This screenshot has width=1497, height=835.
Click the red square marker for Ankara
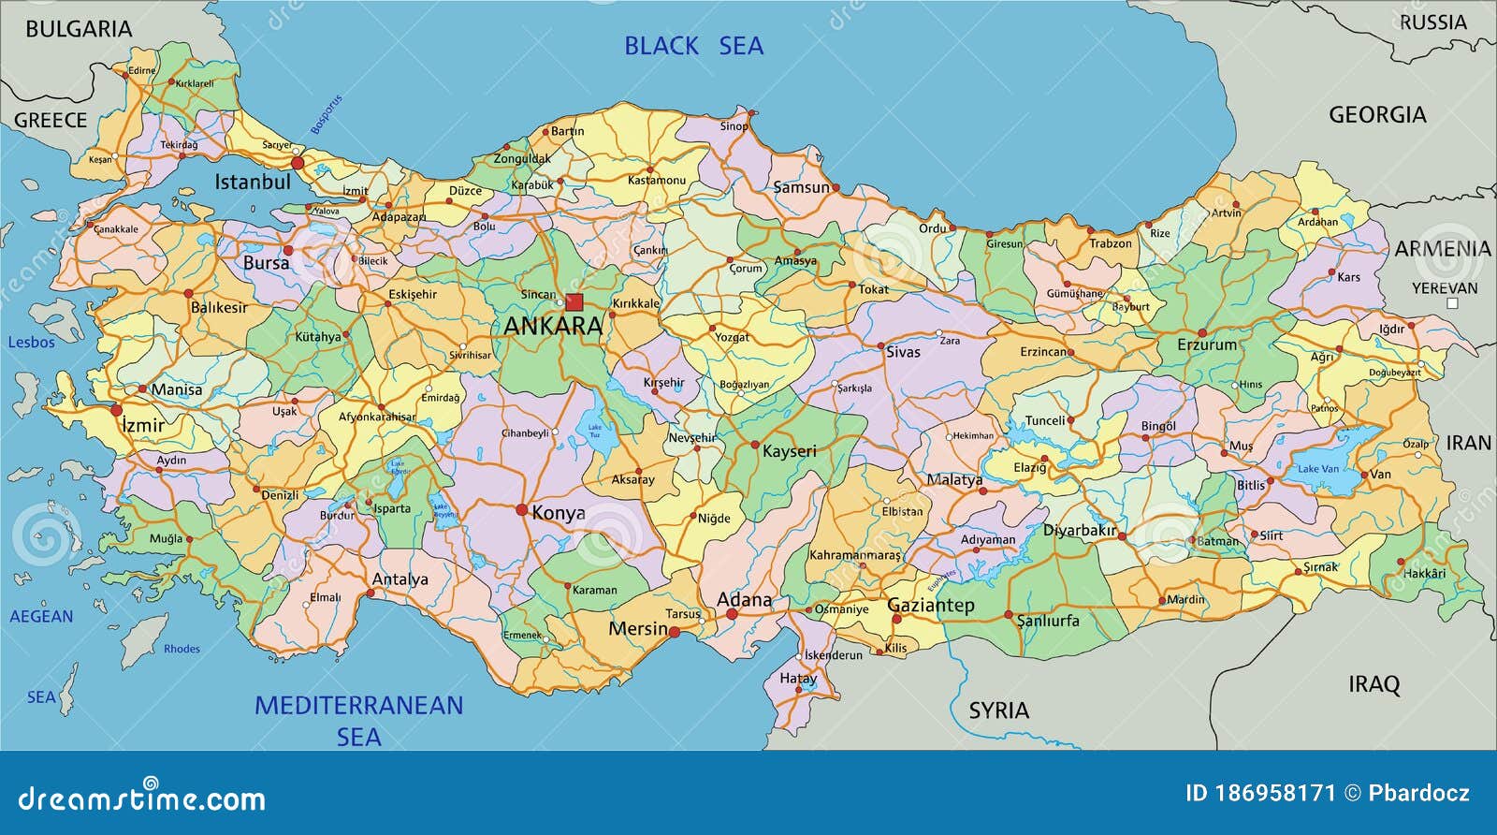point(574,301)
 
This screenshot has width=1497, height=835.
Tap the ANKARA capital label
point(553,326)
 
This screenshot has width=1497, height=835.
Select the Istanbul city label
point(253,182)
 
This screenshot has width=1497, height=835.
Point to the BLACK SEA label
point(693,46)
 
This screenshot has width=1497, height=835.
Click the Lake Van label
point(1317,469)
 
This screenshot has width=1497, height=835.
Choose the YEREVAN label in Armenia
point(1445,288)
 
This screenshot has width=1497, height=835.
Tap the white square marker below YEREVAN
point(1452,303)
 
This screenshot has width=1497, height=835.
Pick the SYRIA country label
point(998,710)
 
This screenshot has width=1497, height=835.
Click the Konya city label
point(559,513)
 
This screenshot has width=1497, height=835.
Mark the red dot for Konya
point(522,510)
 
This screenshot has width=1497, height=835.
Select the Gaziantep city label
point(930,605)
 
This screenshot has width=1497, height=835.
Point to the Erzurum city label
point(1207,344)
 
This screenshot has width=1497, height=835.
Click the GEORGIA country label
point(1377,115)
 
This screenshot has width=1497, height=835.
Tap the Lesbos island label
point(31,343)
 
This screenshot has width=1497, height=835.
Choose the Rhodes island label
point(182,649)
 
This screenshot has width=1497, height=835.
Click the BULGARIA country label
point(79,29)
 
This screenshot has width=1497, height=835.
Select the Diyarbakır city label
point(1079,530)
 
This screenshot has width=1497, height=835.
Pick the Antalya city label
point(400,579)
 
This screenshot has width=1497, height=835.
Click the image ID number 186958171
point(1273,794)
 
